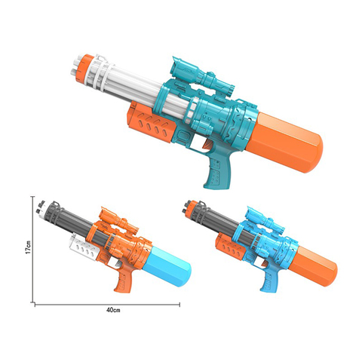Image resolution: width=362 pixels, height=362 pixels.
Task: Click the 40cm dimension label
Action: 113,310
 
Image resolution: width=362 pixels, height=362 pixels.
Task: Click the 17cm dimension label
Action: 28,247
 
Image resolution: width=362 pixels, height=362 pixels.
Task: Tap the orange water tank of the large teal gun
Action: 284,143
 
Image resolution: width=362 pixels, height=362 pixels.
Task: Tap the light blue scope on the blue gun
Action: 265,218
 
